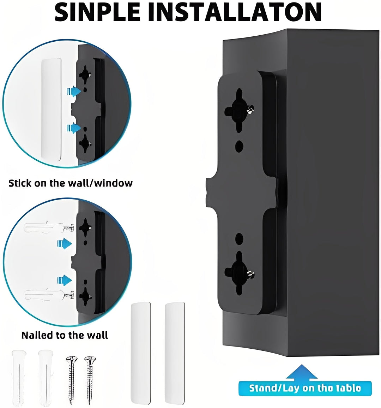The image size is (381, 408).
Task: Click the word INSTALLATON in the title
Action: (238, 12)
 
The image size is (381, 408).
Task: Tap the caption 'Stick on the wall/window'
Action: (71, 183)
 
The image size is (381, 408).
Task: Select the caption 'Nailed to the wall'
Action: (65, 335)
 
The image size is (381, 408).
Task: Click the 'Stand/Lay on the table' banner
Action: (305, 388)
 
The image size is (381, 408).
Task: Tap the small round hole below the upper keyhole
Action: (239, 145)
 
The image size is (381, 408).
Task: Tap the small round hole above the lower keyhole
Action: (239, 238)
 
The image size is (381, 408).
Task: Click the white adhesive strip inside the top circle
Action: (52, 109)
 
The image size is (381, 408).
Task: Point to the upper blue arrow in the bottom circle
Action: (65, 243)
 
